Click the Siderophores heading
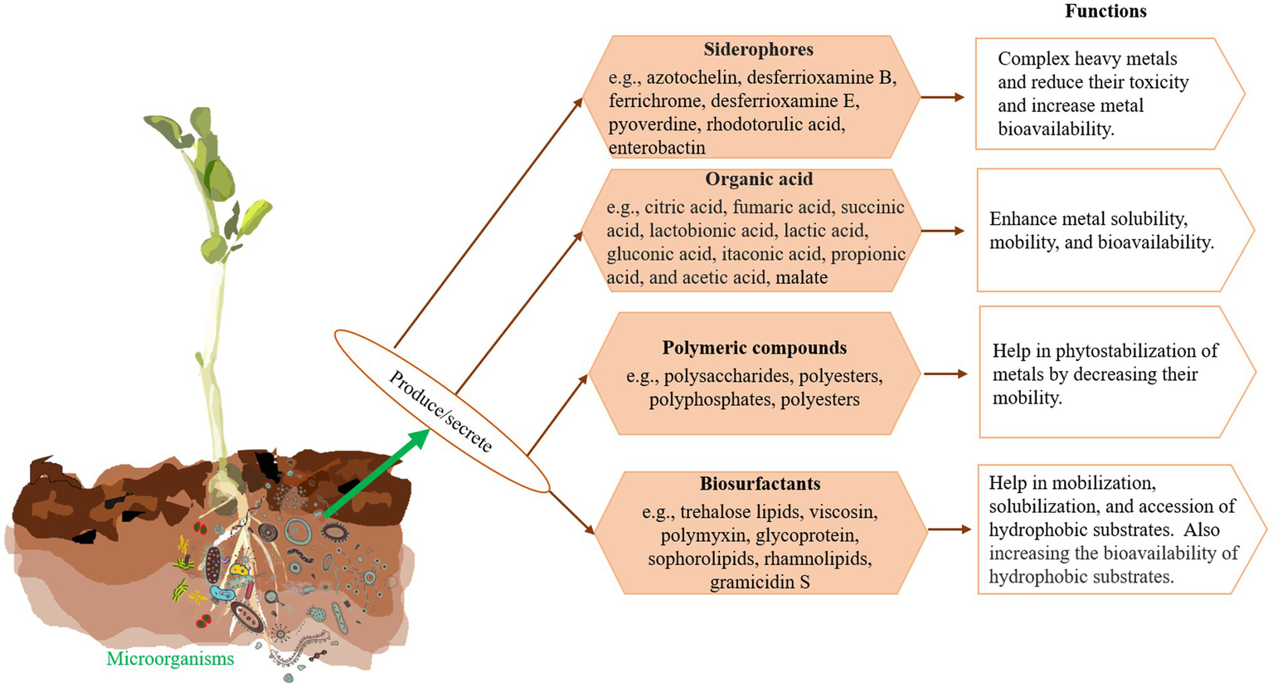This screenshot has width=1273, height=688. coord(758,50)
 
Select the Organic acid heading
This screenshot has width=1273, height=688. coord(759,179)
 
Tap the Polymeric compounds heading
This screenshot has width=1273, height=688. coord(754,348)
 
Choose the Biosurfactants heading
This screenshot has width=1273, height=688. coord(760,484)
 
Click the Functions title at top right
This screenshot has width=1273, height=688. coord(1105,12)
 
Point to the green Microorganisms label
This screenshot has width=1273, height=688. coord(170,659)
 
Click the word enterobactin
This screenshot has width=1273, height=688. coord(657,149)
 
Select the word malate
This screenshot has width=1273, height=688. coord(801,278)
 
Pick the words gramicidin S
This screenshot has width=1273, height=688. coord(760,583)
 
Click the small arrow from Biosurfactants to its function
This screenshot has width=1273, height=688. coord(949,529)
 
